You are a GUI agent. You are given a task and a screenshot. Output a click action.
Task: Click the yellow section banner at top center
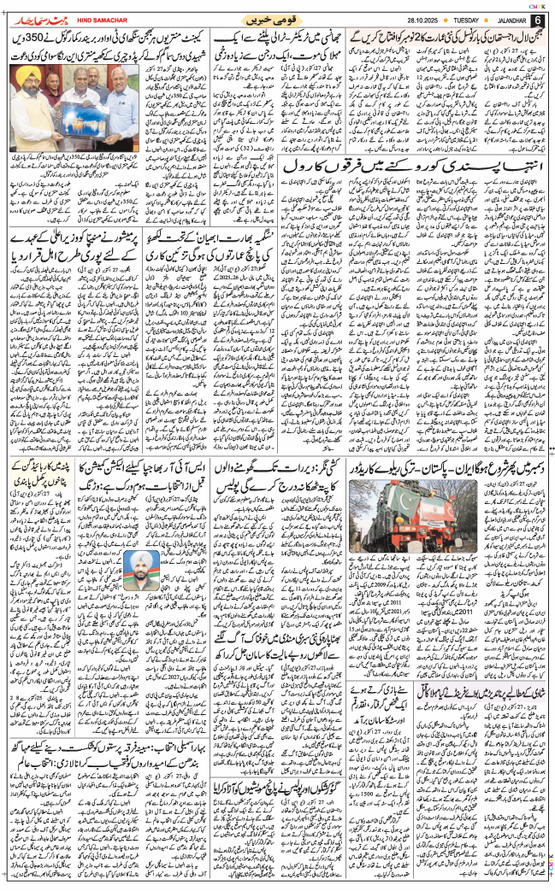coord(273,19)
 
